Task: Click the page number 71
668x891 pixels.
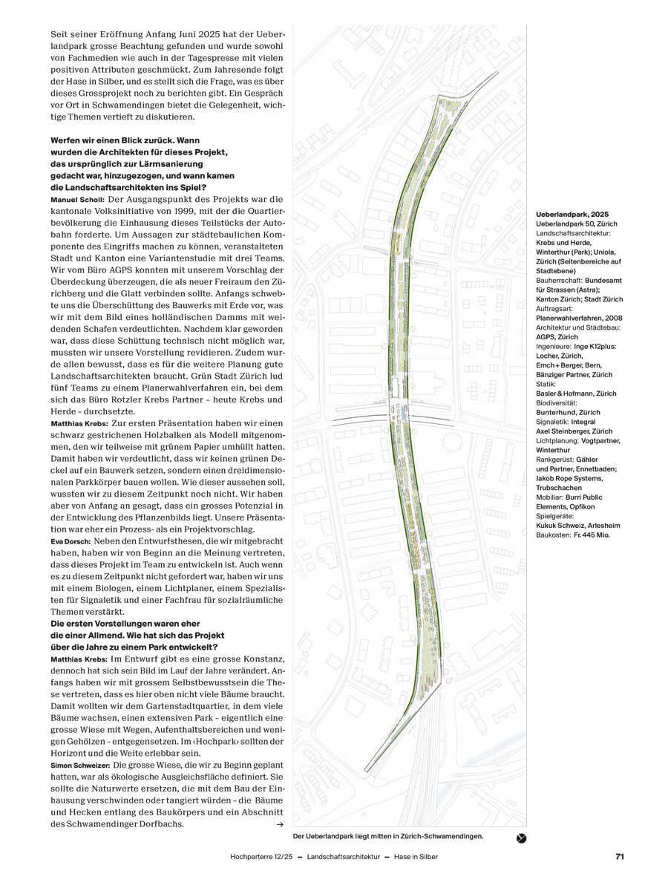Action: (620, 856)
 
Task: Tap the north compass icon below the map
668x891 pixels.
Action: (521, 838)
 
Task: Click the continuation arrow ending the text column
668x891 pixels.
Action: (280, 824)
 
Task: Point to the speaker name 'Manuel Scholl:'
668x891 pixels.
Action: (77, 200)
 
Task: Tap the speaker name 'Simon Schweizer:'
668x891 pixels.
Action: (80, 765)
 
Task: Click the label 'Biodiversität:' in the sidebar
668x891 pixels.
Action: (560, 403)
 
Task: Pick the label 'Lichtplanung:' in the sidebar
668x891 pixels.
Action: (560, 441)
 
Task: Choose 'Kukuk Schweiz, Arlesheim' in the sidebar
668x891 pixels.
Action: (578, 526)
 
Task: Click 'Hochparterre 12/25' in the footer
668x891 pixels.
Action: (261, 856)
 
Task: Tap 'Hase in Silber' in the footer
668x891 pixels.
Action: (414, 856)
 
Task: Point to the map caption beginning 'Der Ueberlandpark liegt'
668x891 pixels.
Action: (388, 836)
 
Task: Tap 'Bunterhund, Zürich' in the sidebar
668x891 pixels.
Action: (568, 412)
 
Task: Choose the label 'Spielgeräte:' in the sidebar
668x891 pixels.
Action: (557, 516)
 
